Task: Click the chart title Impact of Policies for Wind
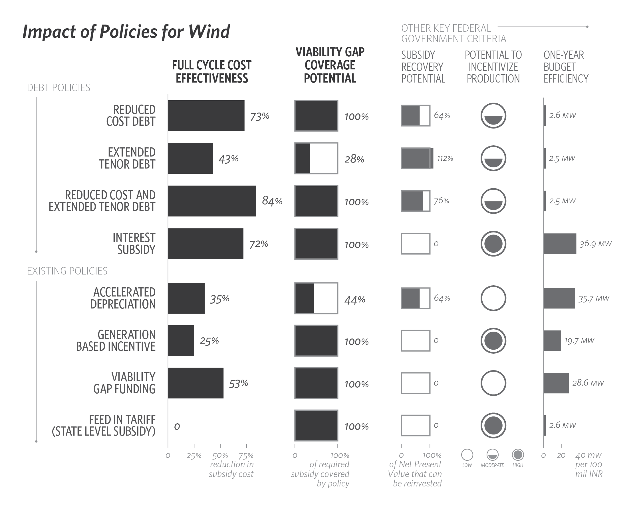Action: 126,31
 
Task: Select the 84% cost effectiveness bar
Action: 212,201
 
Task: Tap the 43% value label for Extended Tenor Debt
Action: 228,159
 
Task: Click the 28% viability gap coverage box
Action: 316,158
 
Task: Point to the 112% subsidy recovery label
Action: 445,158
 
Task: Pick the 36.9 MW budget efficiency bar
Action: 560,244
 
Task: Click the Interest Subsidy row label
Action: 134,244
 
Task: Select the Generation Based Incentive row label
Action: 116,341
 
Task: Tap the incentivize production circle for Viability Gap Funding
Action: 493,383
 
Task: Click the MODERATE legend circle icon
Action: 492,455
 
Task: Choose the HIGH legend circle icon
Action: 518,455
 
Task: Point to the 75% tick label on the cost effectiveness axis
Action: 246,456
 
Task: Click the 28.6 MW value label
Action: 588,383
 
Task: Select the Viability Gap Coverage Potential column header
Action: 330,65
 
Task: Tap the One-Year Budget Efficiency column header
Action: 566,67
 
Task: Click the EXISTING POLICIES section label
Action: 67,271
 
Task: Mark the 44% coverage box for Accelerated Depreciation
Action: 316,298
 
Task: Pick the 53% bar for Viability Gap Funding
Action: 195,383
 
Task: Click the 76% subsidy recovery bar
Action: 415,201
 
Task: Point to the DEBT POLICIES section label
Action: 59,88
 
